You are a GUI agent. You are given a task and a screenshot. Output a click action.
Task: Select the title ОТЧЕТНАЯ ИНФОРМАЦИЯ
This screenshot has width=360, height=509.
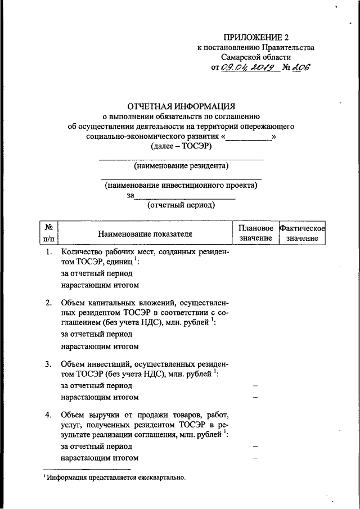click(x=180, y=106)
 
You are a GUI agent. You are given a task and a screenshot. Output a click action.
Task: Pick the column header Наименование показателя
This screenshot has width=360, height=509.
click(x=145, y=233)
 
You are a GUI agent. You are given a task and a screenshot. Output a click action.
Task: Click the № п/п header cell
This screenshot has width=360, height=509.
click(x=49, y=233)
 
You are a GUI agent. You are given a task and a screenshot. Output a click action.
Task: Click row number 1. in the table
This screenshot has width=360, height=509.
click(x=49, y=252)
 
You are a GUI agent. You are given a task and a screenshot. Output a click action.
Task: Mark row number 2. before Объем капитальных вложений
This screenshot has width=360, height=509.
click(x=49, y=304)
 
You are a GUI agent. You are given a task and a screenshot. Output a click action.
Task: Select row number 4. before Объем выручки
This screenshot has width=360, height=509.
click(x=49, y=415)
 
